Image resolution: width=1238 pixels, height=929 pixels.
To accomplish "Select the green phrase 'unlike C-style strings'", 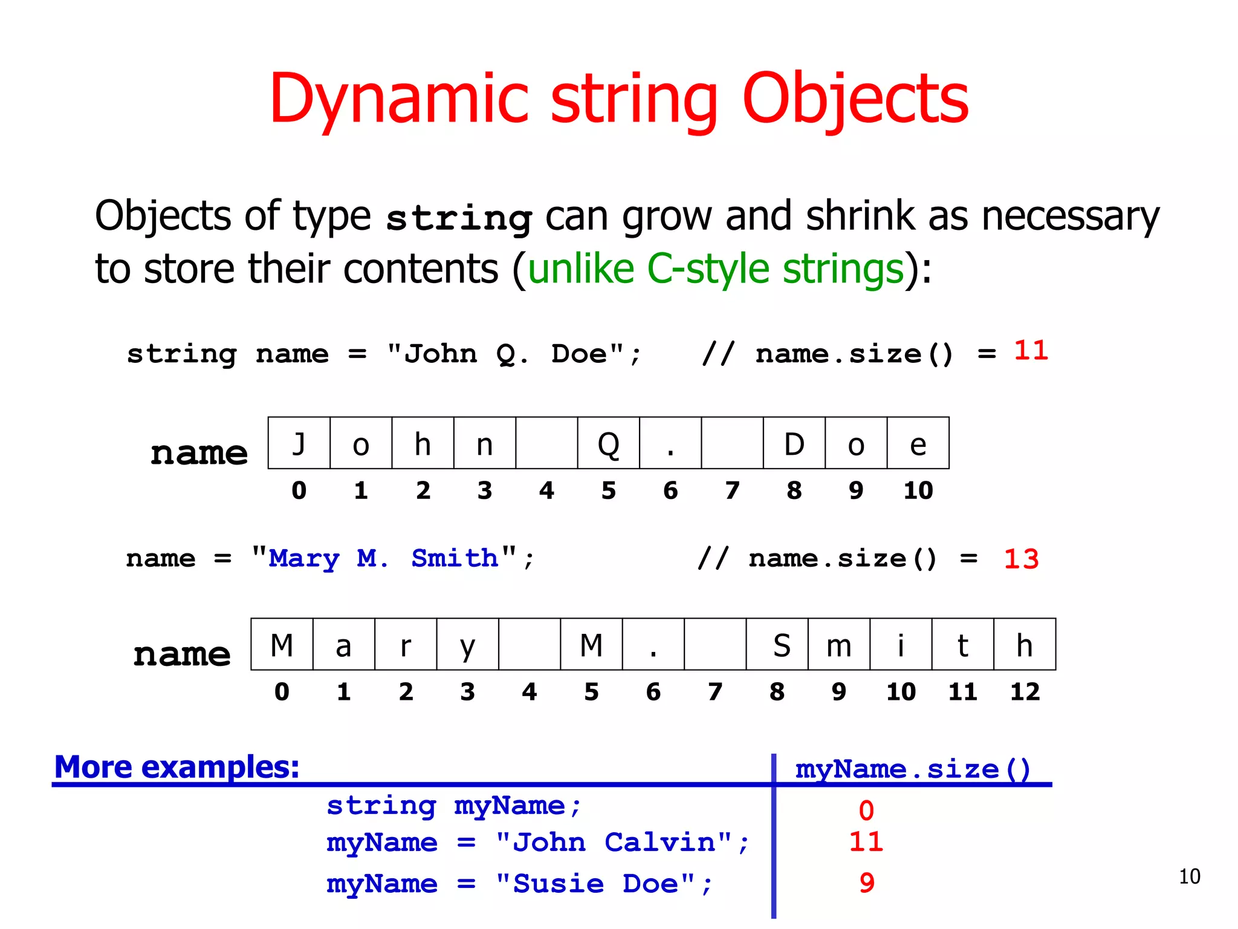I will (x=716, y=269).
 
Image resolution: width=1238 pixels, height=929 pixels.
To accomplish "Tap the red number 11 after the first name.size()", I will (x=1031, y=351).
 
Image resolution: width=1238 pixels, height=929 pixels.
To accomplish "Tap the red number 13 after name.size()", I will (x=1021, y=559).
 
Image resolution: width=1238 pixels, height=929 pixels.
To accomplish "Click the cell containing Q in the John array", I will (x=608, y=443).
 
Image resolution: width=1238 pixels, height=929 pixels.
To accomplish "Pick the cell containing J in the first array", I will (x=299, y=443).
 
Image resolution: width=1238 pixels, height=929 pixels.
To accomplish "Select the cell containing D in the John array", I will (x=794, y=443).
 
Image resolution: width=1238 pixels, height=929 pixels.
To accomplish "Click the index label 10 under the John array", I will (x=918, y=491).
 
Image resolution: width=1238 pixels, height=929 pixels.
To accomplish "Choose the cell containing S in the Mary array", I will (x=777, y=645).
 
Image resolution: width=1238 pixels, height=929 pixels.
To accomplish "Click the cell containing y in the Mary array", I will (x=467, y=645).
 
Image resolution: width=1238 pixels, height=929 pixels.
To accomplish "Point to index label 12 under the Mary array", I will (x=1025, y=692).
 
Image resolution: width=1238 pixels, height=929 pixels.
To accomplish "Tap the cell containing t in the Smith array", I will (x=962, y=645).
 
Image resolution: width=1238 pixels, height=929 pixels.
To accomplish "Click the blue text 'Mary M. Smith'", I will (x=383, y=558).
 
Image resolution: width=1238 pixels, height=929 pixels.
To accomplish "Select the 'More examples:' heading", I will (x=177, y=767).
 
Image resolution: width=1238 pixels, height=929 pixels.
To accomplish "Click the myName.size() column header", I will (x=912, y=769).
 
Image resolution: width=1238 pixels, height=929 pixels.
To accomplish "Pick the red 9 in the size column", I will (x=866, y=883).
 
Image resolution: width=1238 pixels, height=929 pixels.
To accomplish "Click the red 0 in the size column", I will (x=866, y=810).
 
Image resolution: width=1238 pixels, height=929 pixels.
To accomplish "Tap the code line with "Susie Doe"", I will (x=520, y=884).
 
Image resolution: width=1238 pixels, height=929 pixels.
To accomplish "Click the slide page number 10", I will (x=1189, y=876).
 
